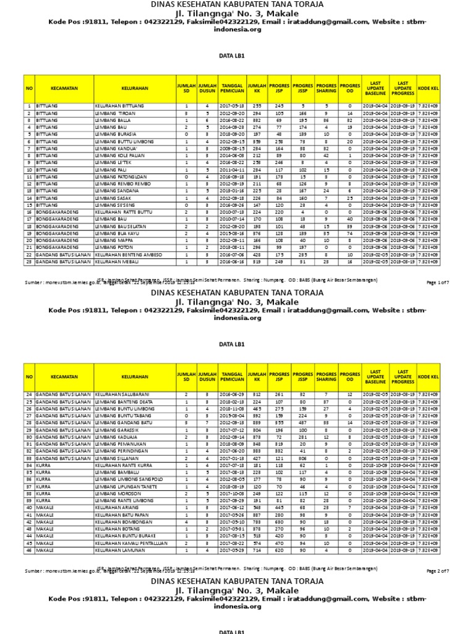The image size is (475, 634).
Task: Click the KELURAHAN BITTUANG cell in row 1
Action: pos(119,106)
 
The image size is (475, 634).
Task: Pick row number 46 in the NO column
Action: pos(28,549)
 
